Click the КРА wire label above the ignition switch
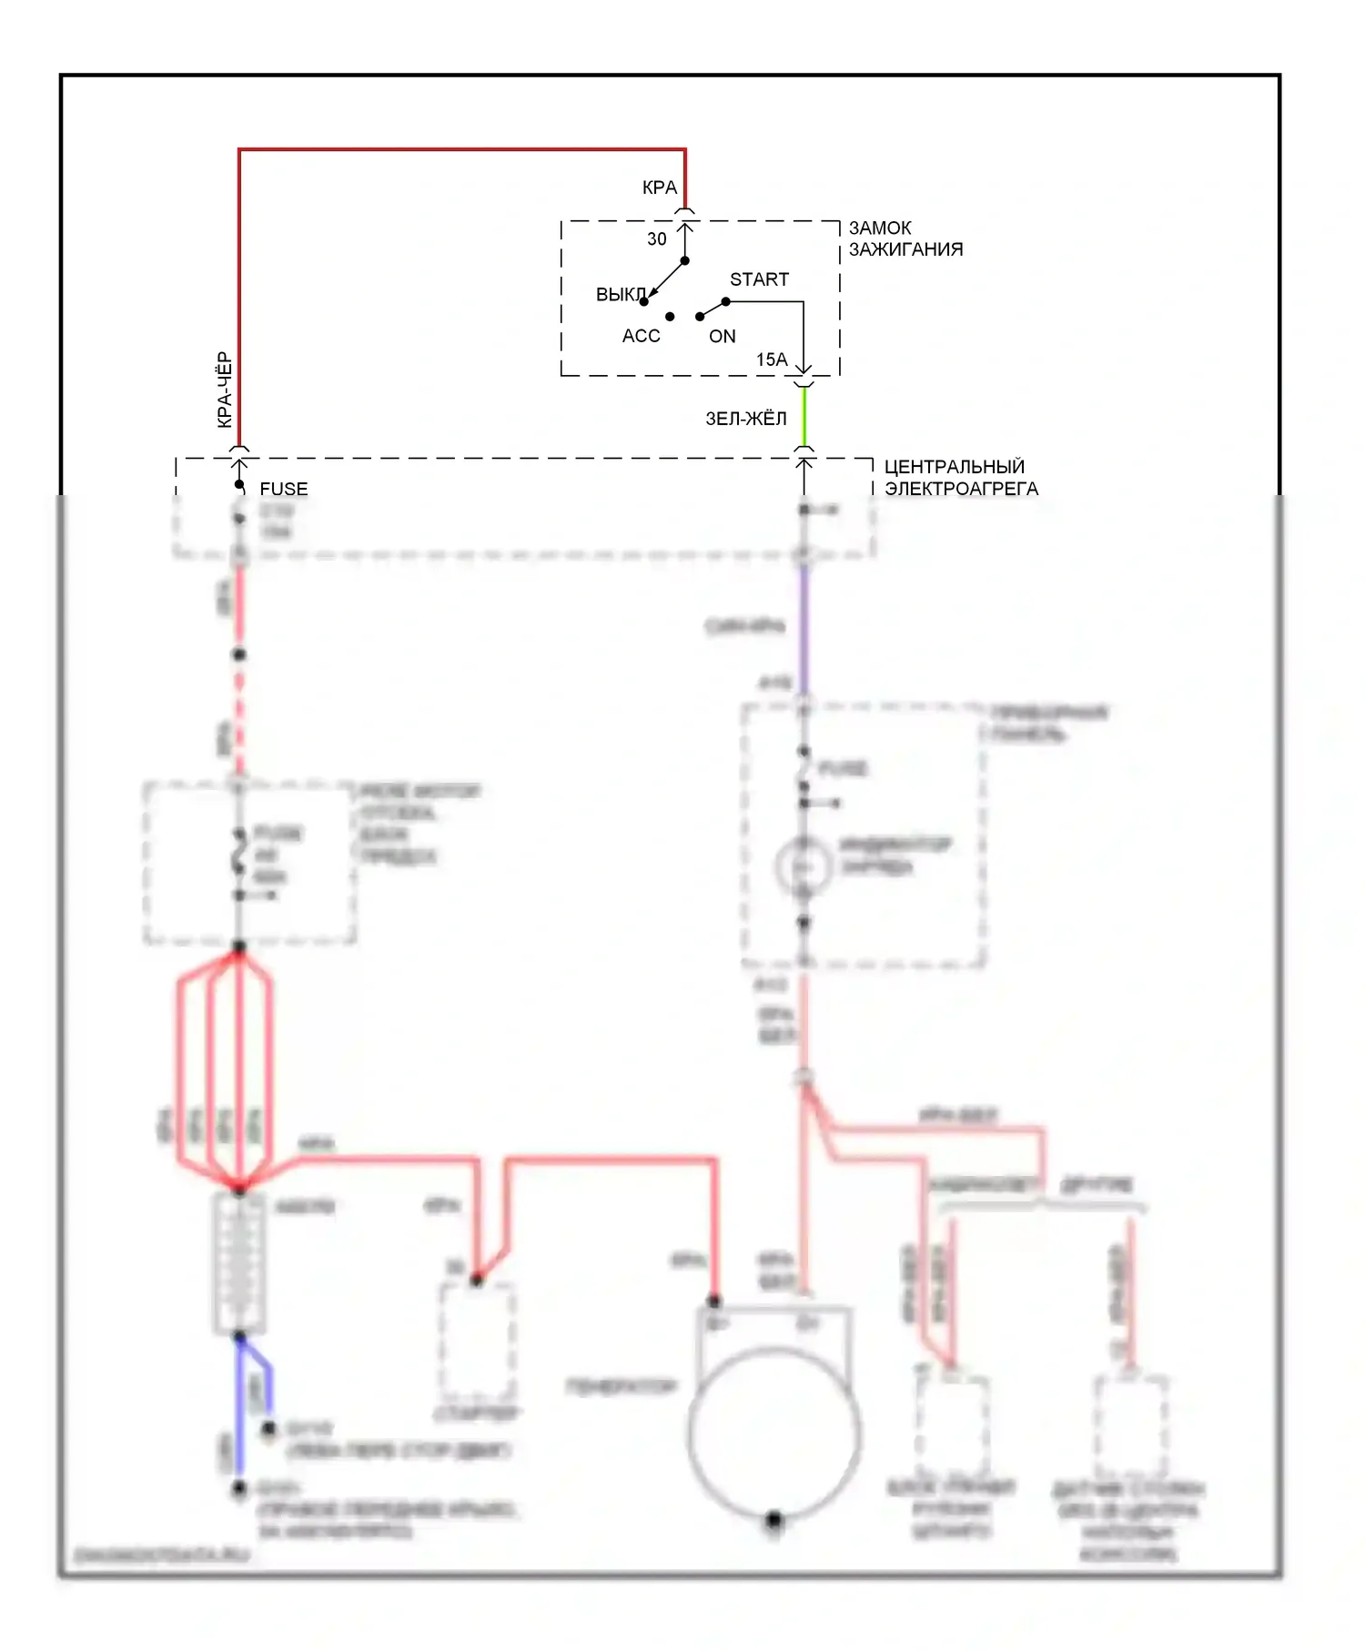(659, 187)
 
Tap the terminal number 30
(656, 239)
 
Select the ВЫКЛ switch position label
(620, 295)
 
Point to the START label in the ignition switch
(759, 279)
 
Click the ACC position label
(641, 336)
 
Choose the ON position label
(722, 337)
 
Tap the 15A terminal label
(772, 360)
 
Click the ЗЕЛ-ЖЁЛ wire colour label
(745, 419)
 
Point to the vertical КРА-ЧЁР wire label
(225, 390)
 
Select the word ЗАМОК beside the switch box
(880, 228)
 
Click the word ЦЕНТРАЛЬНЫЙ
(954, 467)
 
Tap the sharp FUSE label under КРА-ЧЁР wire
(283, 489)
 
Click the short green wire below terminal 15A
(804, 417)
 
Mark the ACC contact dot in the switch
(670, 317)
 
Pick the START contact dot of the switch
(725, 301)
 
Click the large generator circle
(773, 1433)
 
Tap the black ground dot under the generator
(774, 1519)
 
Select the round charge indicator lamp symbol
(803, 866)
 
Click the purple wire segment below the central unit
(804, 628)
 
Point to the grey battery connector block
(239, 1263)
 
